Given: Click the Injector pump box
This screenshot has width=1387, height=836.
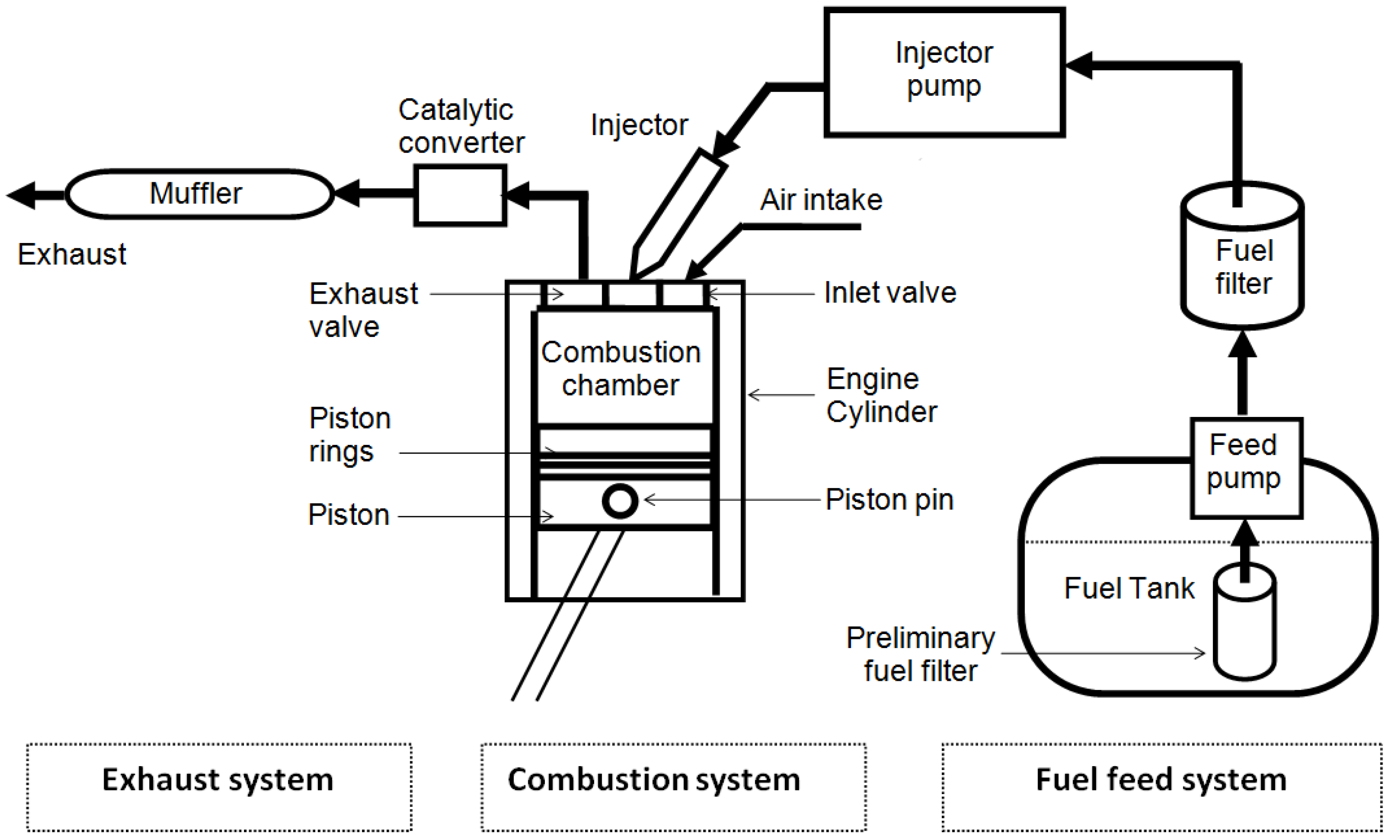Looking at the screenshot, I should click(x=944, y=72).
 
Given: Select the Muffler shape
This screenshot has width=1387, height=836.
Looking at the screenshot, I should click(x=199, y=194).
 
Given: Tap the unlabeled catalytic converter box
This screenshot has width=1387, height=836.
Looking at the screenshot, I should click(x=460, y=195).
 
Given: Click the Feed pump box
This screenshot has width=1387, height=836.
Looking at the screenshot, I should click(x=1246, y=468).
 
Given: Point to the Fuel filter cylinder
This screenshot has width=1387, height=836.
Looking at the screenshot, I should click(x=1242, y=264).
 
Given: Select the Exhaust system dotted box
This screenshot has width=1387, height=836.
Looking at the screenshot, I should click(x=219, y=787).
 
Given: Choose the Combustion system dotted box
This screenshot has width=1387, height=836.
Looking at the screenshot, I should click(x=673, y=787).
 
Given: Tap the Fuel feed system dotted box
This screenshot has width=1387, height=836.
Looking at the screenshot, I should click(x=1161, y=787).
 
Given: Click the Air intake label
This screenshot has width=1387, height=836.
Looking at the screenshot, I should click(x=821, y=200).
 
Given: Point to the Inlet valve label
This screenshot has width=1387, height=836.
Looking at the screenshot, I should click(x=889, y=292).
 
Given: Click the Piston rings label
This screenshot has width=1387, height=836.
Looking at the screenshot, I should click(x=349, y=434).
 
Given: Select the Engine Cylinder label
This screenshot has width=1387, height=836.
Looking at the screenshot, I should click(x=881, y=395).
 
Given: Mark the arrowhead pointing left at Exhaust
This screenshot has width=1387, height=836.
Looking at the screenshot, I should click(x=22, y=195).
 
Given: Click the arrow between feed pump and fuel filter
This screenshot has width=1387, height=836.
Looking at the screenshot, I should click(x=1242, y=374).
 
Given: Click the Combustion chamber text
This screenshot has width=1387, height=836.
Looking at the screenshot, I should click(x=620, y=368).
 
